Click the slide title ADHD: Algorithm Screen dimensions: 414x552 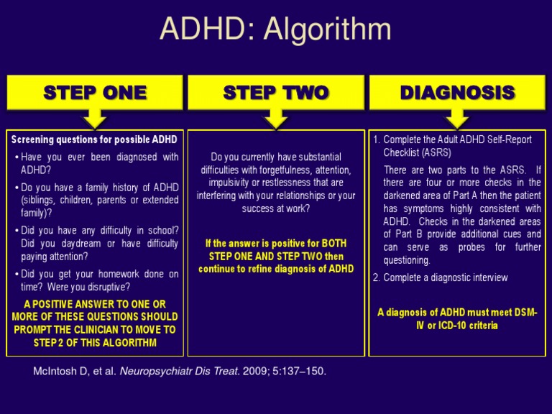(x=275, y=29)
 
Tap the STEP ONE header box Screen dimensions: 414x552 (x=95, y=92)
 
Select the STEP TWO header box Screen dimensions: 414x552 (x=275, y=92)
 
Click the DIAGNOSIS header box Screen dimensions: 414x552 (x=457, y=92)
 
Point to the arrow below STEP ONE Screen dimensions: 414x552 (x=95, y=117)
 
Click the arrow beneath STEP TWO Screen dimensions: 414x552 (x=276, y=117)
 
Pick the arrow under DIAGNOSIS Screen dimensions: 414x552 (x=457, y=117)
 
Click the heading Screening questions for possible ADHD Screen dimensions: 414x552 (x=94, y=139)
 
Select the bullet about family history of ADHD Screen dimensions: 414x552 (x=99, y=201)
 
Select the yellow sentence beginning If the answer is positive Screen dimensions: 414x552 (x=276, y=256)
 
